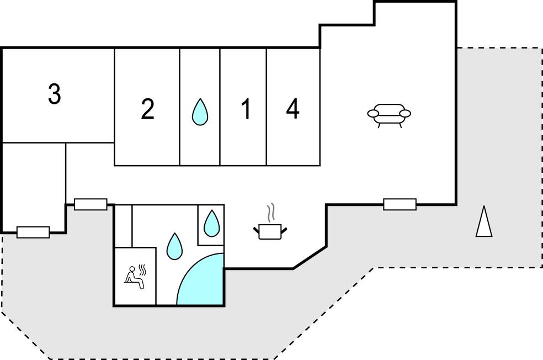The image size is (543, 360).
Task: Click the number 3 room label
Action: pos(54,94)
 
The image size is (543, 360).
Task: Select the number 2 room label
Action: pos(147,109)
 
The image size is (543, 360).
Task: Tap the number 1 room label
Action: pos(246,109)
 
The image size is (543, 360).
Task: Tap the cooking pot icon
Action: pos(270,231)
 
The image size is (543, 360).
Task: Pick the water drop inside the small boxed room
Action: pos(211,224)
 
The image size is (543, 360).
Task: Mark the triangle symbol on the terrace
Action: pos(484,222)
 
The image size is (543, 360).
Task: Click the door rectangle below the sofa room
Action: pos(400,204)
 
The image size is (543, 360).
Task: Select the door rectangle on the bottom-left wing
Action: pos(33,232)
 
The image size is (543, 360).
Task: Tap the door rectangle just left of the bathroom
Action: pos(91,204)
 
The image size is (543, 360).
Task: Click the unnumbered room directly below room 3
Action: pos(34,185)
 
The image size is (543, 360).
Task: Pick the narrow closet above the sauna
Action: pos(124,226)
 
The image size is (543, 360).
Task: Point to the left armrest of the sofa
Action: pos(374,114)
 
